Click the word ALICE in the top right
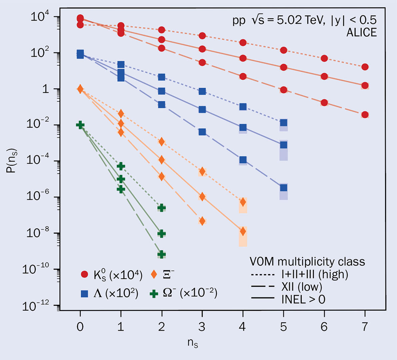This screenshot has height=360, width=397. tap(362, 33)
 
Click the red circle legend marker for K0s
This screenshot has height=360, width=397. tap(85, 275)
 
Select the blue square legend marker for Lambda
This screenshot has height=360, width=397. tap(85, 294)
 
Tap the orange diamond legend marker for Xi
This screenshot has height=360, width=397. tap(154, 275)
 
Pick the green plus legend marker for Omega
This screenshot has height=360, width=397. tap(154, 294)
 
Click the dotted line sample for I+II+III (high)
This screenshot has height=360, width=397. tap(262, 275)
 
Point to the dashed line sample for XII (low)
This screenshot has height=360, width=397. tap(262, 286)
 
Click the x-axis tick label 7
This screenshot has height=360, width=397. tap(365, 327)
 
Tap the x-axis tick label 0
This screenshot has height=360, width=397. tap(80, 327)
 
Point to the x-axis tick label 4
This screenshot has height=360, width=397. tap(243, 327)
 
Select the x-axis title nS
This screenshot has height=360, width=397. tap(193, 343)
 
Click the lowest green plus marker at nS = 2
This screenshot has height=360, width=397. tap(161, 255)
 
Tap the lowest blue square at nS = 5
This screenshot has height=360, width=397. tap(283, 188)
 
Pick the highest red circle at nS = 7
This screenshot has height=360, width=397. tap(365, 67)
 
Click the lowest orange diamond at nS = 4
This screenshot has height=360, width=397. tap(243, 231)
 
